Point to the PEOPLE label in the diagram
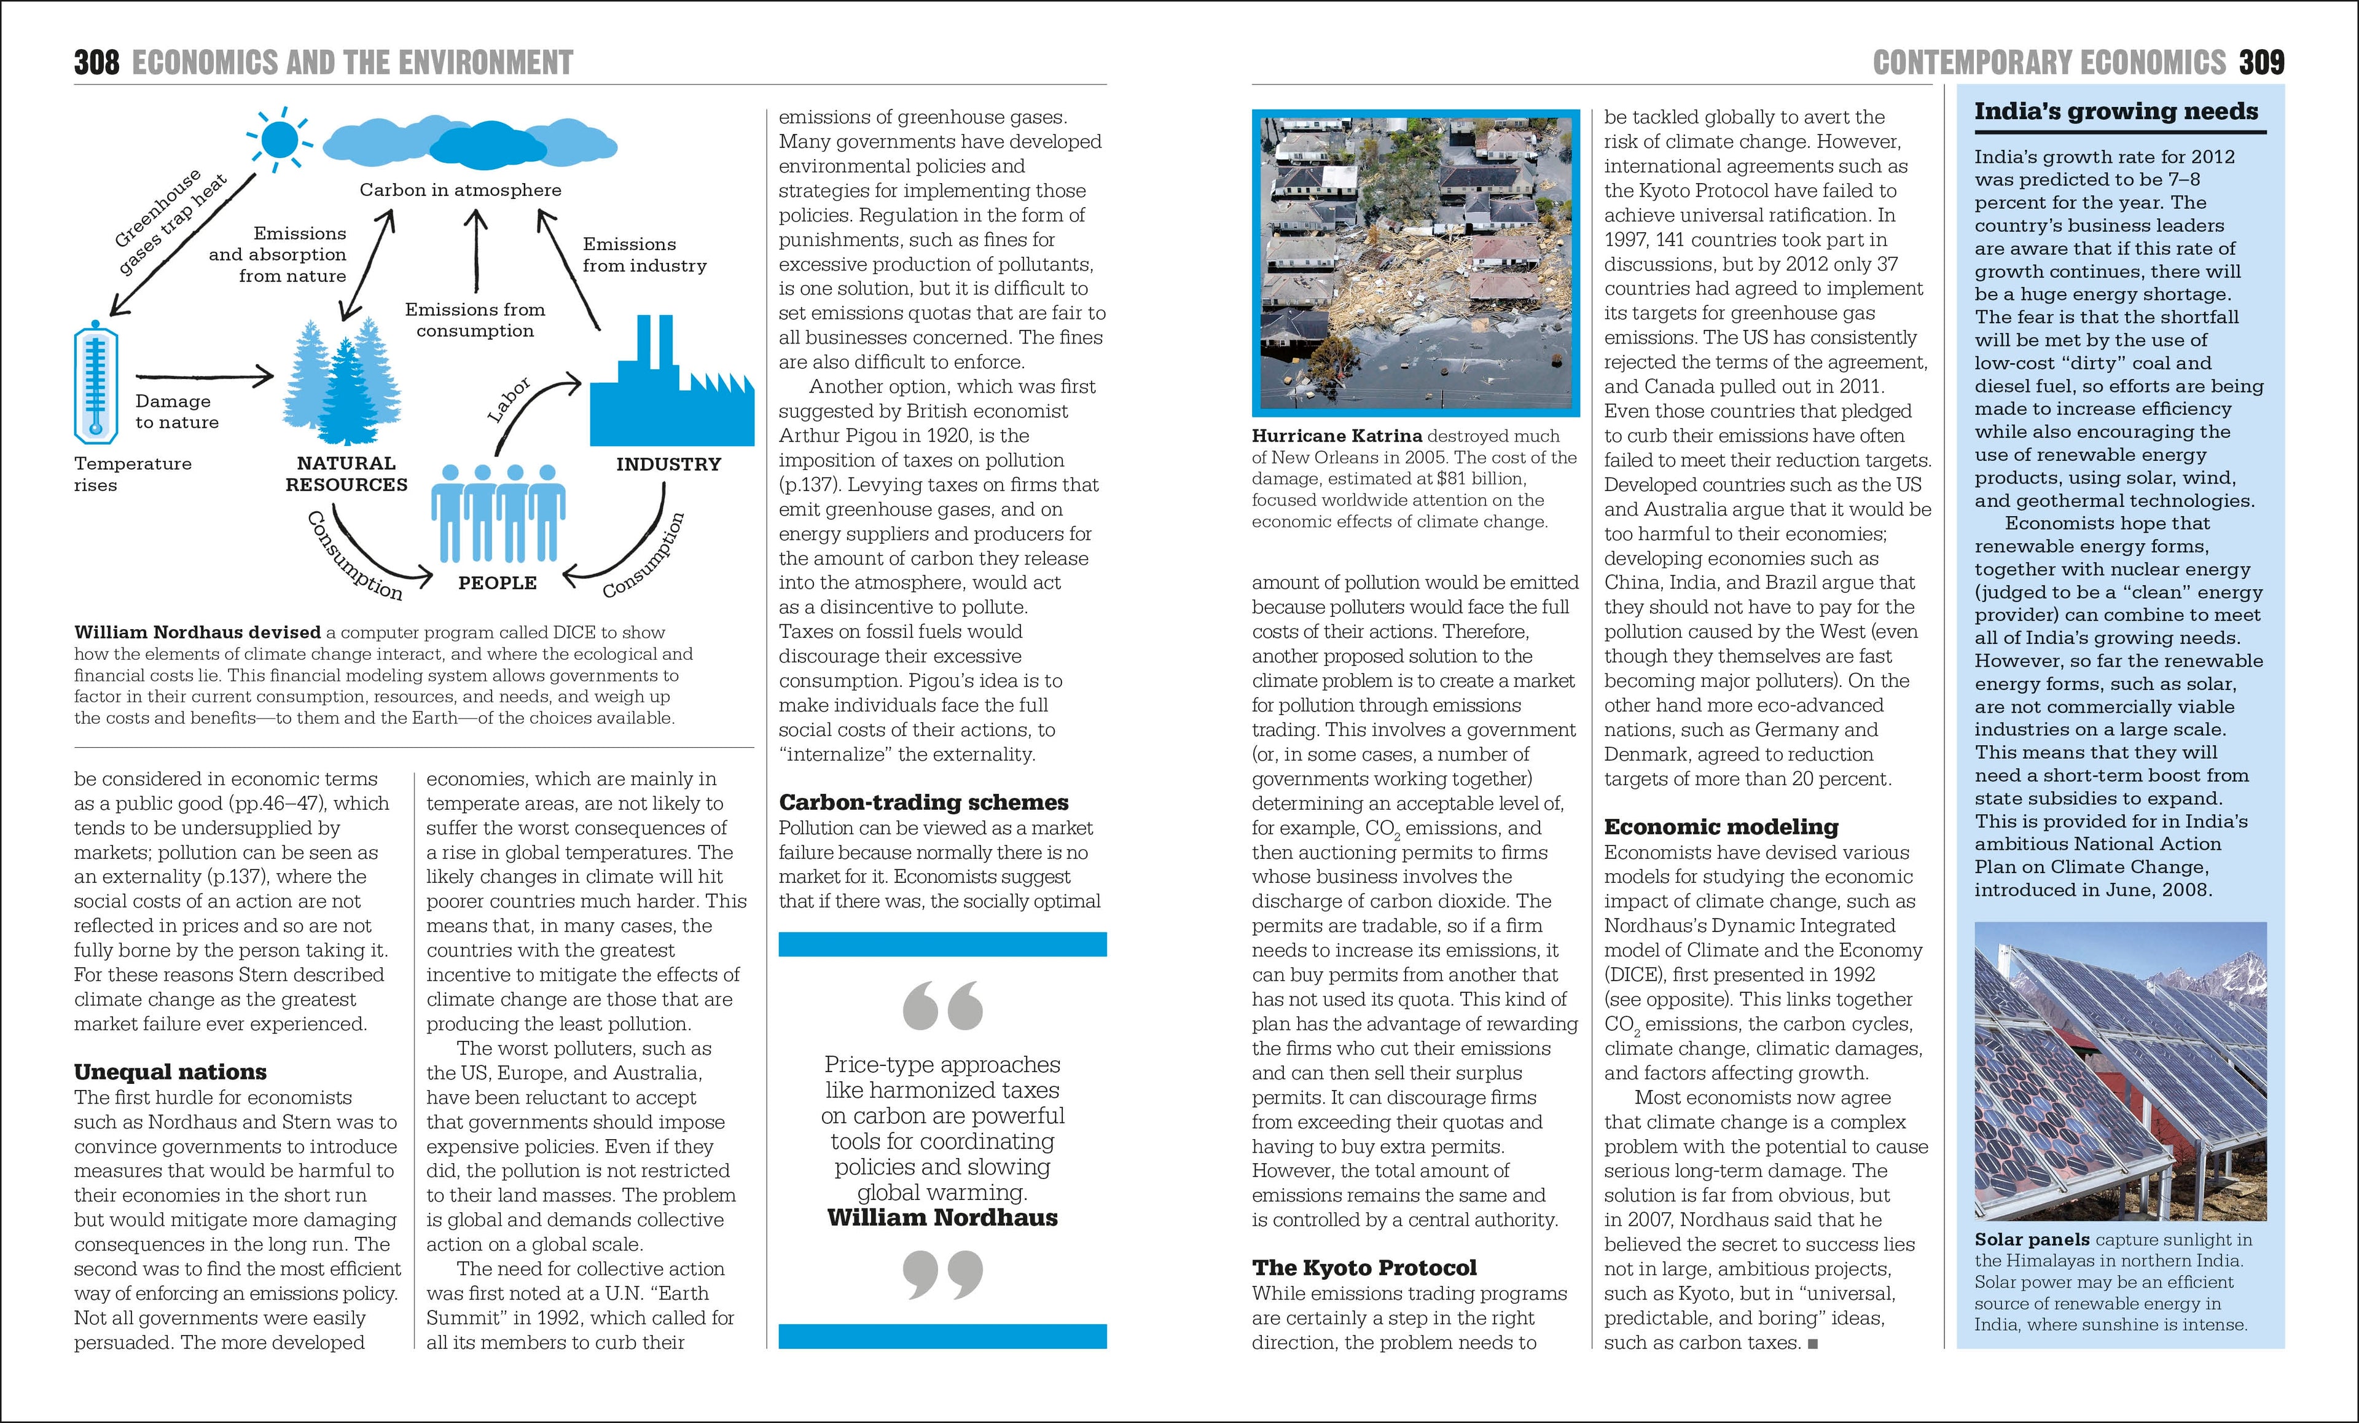497,582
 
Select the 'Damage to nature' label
177,412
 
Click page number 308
96,63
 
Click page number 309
2261,63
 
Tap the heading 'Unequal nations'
170,1072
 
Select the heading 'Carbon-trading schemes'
923,802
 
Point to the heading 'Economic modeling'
1721,826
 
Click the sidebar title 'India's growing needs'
2116,112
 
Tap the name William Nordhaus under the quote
942,1218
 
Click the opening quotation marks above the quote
942,1005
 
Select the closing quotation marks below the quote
942,1274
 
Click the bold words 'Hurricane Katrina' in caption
1337,436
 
